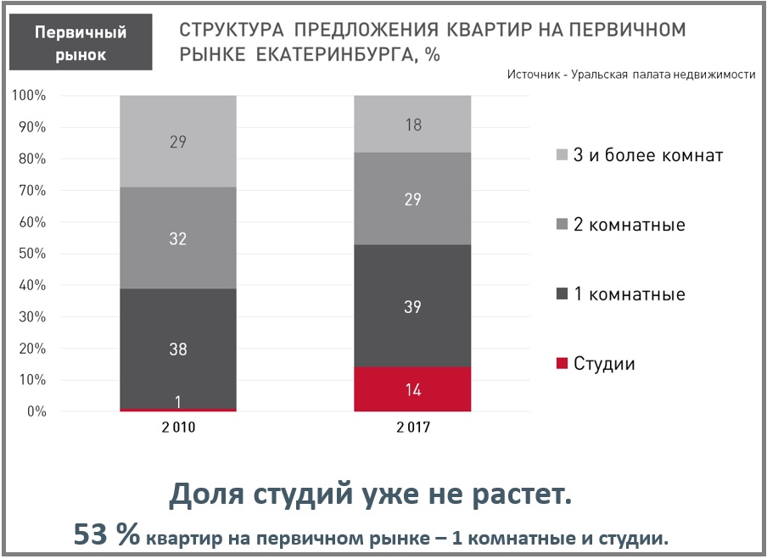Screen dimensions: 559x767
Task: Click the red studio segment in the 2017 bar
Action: click(412, 389)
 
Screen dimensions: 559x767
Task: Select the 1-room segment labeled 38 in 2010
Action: click(177, 348)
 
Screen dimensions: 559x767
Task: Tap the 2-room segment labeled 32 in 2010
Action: click(177, 238)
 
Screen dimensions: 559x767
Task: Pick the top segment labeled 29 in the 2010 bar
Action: click(177, 142)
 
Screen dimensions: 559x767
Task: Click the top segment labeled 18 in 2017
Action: click(412, 124)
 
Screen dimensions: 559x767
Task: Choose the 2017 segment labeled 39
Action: click(412, 307)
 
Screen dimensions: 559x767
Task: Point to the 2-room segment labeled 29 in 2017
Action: click(412, 200)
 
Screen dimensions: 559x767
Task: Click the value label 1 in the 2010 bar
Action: click(178, 401)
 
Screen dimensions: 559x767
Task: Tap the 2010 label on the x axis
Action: click(177, 428)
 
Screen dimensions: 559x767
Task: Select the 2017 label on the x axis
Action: click(412, 428)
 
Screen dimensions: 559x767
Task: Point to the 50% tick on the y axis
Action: click(29, 254)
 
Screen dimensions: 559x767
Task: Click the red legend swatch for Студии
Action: click(561, 364)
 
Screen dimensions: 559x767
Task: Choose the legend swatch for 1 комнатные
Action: click(561, 294)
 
